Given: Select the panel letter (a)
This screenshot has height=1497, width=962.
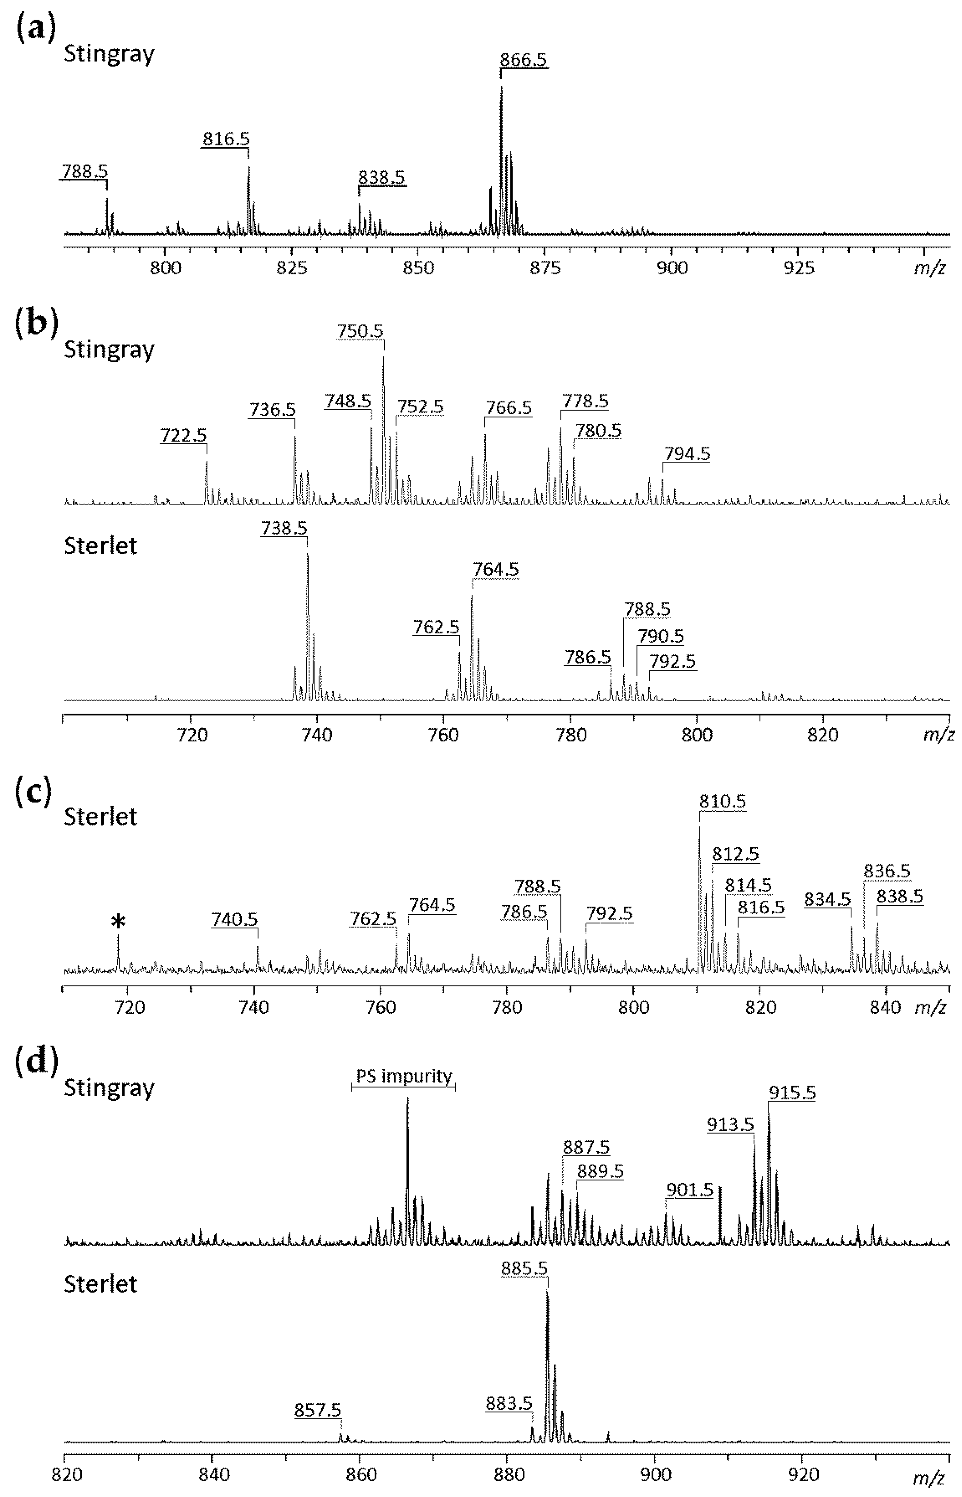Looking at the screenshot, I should point(36,29).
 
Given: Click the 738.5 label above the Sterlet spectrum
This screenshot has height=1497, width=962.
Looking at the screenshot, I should point(284,528).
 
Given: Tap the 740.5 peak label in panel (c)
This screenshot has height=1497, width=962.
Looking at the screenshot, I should point(234,920).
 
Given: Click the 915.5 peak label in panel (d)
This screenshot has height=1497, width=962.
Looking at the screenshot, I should point(792,1093).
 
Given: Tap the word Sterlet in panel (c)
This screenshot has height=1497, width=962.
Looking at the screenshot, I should point(101,816).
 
